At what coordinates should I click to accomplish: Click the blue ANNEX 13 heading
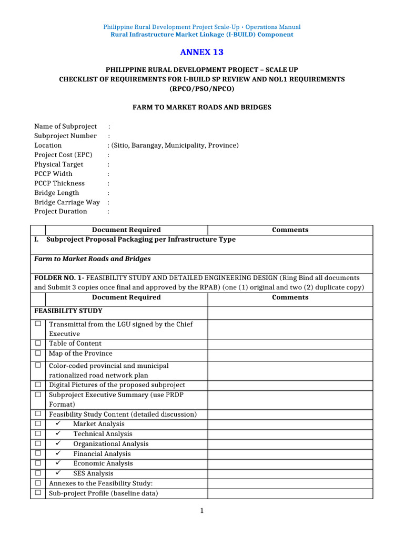click(201, 52)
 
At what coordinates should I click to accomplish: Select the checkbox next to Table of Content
click(38, 343)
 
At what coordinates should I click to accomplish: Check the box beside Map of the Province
click(38, 353)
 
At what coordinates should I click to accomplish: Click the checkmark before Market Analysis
click(58, 424)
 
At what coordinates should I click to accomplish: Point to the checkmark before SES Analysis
click(58, 473)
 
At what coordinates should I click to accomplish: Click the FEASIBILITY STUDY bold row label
click(68, 311)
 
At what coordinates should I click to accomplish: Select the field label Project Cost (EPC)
click(60, 155)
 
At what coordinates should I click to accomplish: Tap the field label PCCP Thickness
click(59, 183)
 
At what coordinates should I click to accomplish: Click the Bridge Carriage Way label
click(67, 202)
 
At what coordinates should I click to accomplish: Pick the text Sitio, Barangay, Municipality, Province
click(174, 146)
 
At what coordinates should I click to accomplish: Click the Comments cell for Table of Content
click(290, 344)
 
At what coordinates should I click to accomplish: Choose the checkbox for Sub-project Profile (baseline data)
click(38, 493)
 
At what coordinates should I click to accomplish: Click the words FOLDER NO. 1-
click(59, 277)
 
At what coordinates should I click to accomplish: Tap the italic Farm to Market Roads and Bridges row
click(93, 259)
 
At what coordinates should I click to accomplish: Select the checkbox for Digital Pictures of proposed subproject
click(38, 385)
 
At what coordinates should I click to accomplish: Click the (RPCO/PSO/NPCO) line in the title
click(201, 89)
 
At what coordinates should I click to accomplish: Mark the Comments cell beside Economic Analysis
click(290, 463)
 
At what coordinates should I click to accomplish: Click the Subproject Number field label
click(65, 136)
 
